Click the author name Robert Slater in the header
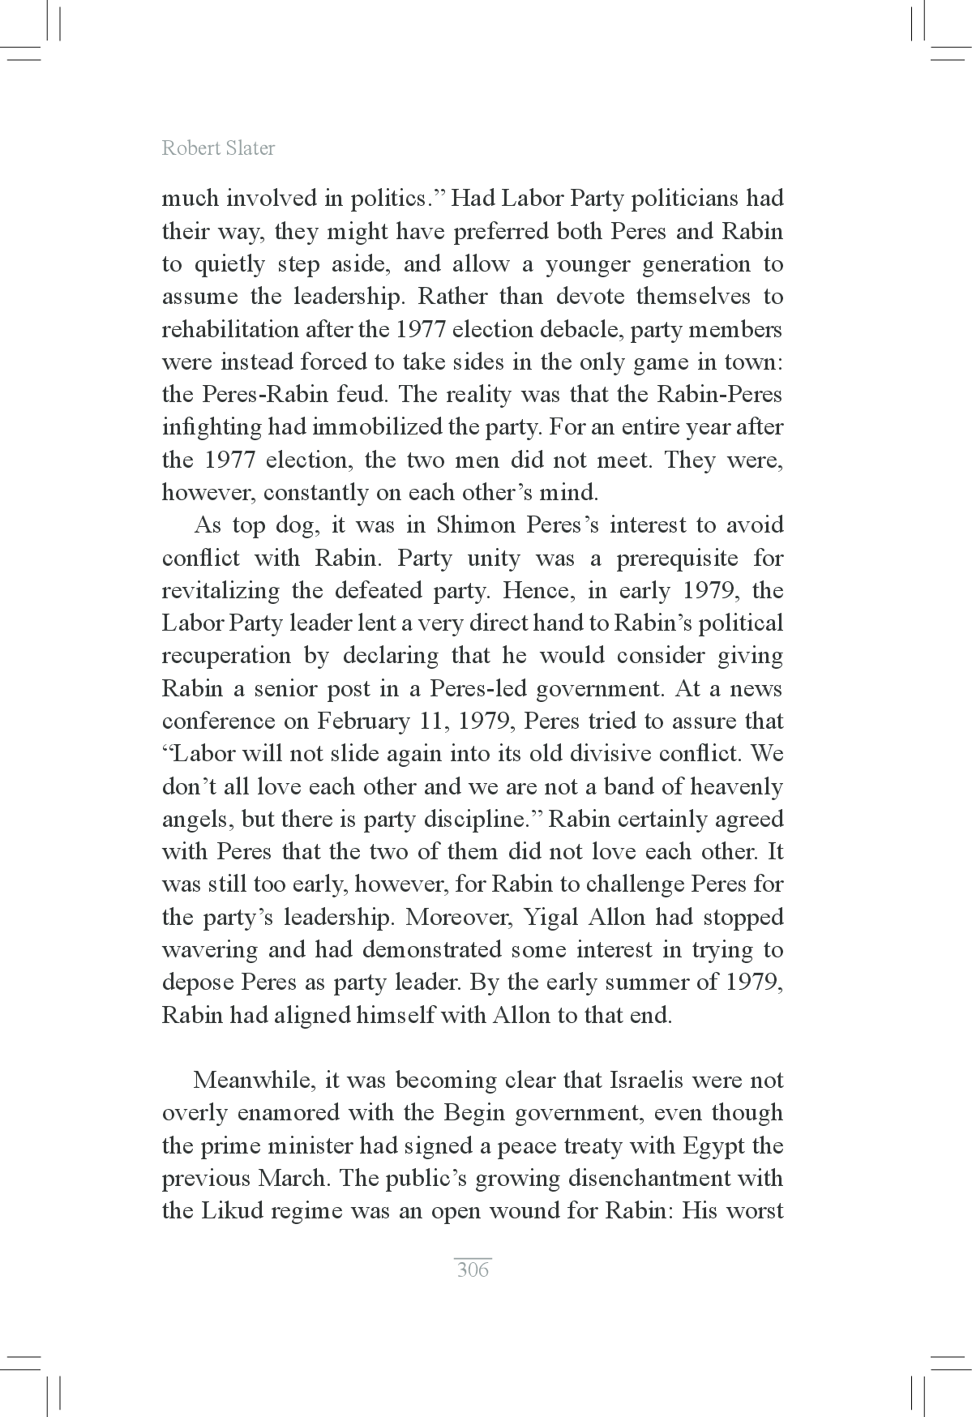pos(218,148)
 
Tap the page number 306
pos(473,1269)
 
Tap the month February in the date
pos(361,721)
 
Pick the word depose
pos(198,982)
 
